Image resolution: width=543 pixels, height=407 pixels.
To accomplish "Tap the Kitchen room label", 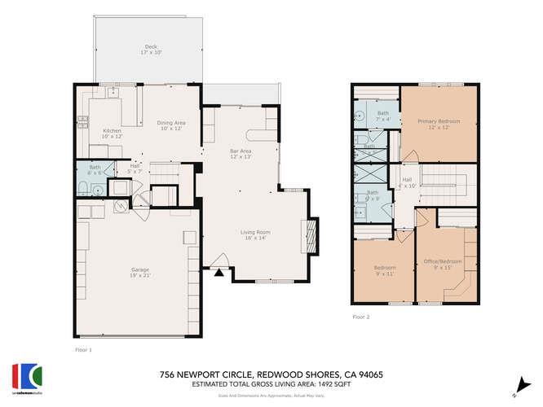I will pos(112,130).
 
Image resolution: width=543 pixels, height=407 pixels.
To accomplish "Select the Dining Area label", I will pos(172,122).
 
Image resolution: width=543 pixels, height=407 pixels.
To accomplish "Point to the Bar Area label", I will pos(239,151).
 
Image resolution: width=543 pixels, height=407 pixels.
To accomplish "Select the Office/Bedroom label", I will pos(442,261).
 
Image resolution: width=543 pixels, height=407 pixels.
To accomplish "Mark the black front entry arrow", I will pos(218,274).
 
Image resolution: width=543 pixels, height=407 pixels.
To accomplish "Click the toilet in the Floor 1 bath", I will pos(85,190).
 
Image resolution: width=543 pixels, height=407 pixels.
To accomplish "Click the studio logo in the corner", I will pos(26,375).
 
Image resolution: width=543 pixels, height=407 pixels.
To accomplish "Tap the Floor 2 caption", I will pos(361,317).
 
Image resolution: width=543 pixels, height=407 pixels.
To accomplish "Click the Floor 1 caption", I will pos(83,348).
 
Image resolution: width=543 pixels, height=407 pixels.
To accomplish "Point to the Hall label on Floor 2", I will pos(406,179).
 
